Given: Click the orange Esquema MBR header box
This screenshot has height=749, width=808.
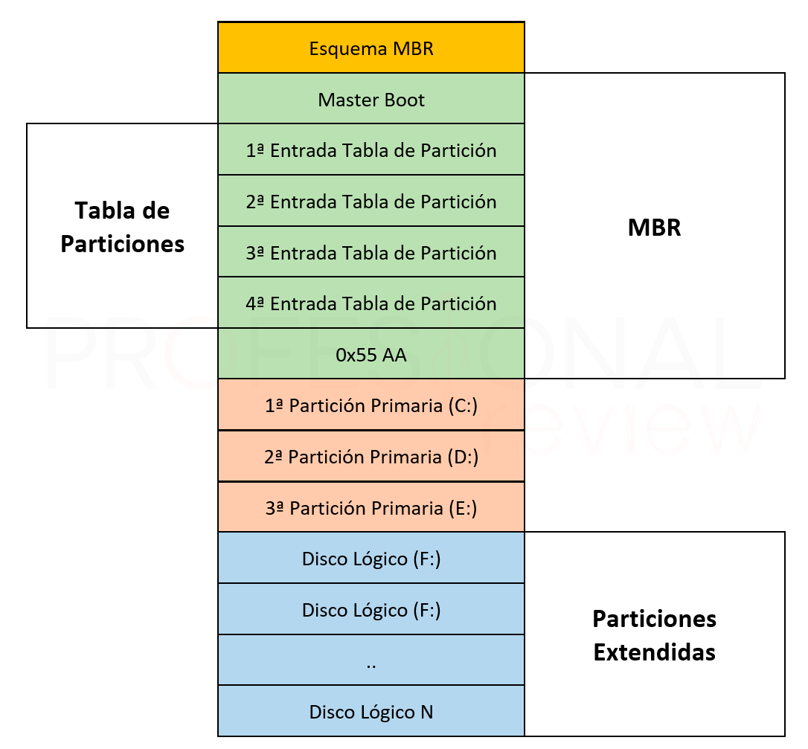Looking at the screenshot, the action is tap(371, 48).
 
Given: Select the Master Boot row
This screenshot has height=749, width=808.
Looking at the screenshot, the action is tap(371, 98).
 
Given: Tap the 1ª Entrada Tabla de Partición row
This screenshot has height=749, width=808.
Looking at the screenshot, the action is tap(371, 150).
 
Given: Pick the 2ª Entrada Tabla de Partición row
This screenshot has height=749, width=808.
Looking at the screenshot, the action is tap(371, 200).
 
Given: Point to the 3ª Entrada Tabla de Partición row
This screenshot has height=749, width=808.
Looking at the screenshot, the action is tap(371, 251).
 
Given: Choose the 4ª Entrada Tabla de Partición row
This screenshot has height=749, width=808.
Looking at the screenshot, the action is tap(371, 303).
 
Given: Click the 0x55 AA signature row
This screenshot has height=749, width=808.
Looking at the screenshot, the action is tap(371, 353).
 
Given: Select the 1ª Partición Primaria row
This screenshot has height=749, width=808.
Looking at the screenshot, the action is tap(371, 405).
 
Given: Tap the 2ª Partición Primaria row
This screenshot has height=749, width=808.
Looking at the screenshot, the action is tap(371, 456).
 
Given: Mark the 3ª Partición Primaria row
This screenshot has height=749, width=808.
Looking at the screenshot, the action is tap(371, 507).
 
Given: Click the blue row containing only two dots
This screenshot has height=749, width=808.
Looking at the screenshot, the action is tap(371, 660).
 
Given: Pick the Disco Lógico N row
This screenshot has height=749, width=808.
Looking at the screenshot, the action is tap(371, 711).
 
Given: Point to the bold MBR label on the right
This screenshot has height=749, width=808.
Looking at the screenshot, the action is tap(655, 227).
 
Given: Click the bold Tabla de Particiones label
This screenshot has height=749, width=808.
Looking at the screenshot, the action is tap(122, 227).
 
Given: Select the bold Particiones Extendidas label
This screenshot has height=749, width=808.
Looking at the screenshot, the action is tap(655, 635).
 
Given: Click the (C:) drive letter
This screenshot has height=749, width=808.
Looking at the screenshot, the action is tap(463, 406).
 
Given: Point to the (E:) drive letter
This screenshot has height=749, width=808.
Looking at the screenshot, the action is tap(463, 509).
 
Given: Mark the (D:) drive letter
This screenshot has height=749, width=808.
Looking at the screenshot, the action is tap(463, 457).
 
